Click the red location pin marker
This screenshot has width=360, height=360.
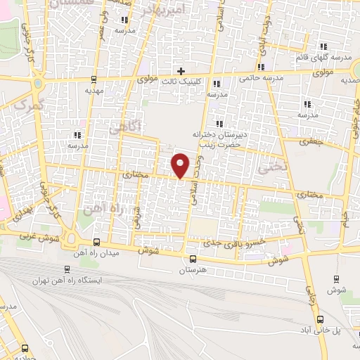click(x=181, y=165)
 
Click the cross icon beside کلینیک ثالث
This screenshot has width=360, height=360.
click(x=181, y=71)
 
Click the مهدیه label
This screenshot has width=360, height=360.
click(x=94, y=90)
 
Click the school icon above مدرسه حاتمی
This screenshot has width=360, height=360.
click(x=262, y=67)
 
